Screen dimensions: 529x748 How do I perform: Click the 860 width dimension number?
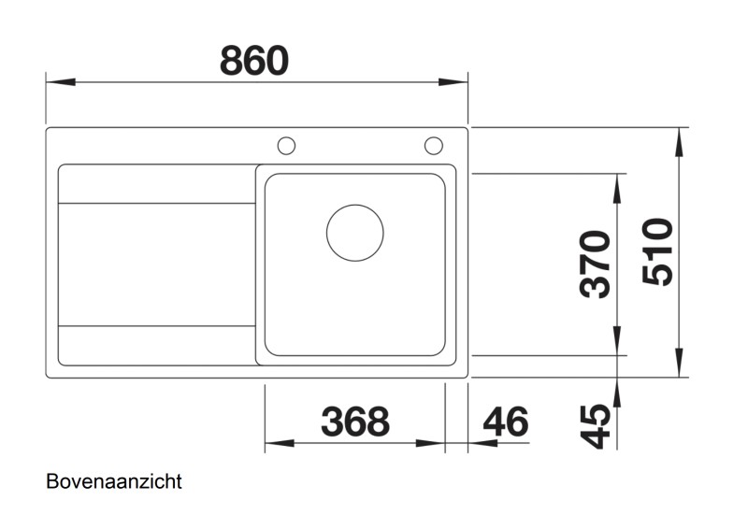point(254,61)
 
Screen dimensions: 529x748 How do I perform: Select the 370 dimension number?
point(597,263)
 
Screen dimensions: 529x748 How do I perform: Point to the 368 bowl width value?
point(354,422)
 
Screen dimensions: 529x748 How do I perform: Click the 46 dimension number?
point(506,422)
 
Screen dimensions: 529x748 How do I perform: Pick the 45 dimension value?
point(597,426)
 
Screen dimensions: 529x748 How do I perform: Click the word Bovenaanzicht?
point(113,482)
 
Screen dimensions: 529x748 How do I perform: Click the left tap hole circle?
point(286,145)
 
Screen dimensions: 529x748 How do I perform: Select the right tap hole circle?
point(433,145)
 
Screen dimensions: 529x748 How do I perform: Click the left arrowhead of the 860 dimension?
point(59,82)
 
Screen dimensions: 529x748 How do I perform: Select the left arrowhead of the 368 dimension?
point(279,443)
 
